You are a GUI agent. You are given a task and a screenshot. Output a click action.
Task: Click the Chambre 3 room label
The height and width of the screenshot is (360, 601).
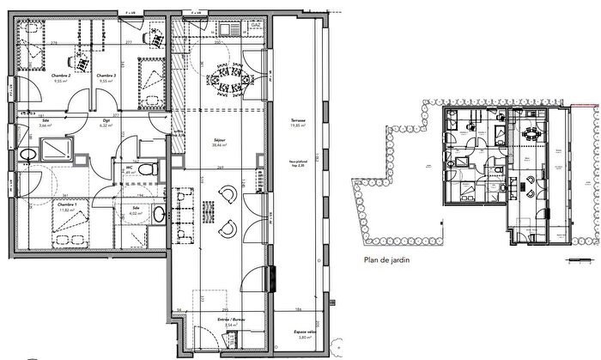[106, 76]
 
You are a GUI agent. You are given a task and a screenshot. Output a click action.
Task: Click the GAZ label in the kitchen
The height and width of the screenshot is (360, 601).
[256, 26]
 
